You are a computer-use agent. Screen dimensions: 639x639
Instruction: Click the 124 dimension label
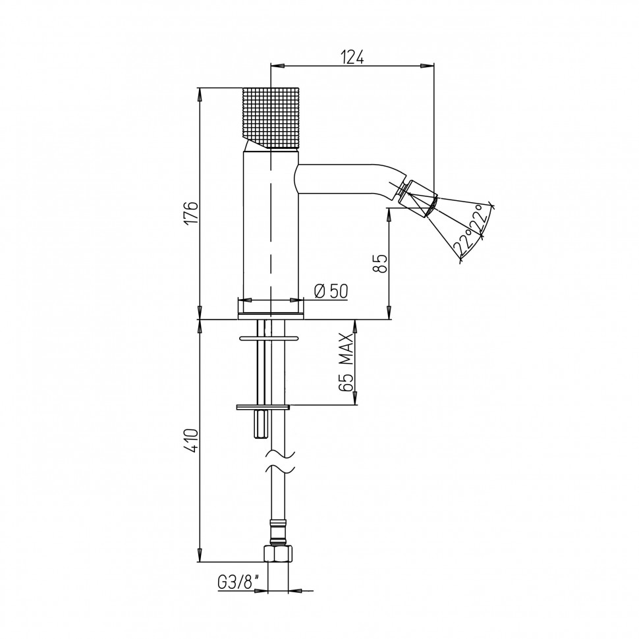tap(352, 57)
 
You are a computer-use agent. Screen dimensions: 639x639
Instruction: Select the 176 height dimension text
tap(191, 212)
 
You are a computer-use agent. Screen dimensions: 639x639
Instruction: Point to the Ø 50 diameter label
tap(331, 291)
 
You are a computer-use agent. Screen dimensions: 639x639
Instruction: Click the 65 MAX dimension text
tap(346, 362)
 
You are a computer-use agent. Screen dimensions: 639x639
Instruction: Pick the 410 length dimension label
tap(191, 440)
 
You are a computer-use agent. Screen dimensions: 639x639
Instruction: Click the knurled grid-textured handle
tap(270, 119)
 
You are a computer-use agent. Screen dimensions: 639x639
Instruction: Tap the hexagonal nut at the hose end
tap(279, 554)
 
